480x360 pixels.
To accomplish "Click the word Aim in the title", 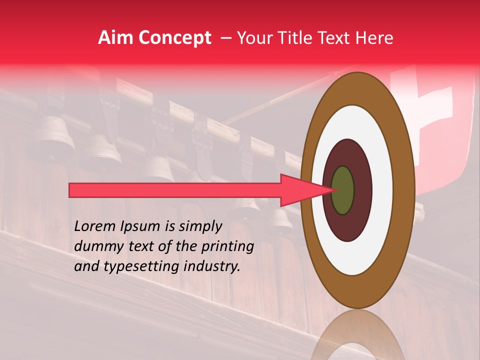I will pyautogui.click(x=114, y=38).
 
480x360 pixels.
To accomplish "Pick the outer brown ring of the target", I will pyautogui.click(x=406, y=190).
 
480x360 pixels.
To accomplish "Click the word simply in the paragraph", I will pyautogui.click(x=199, y=227).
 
